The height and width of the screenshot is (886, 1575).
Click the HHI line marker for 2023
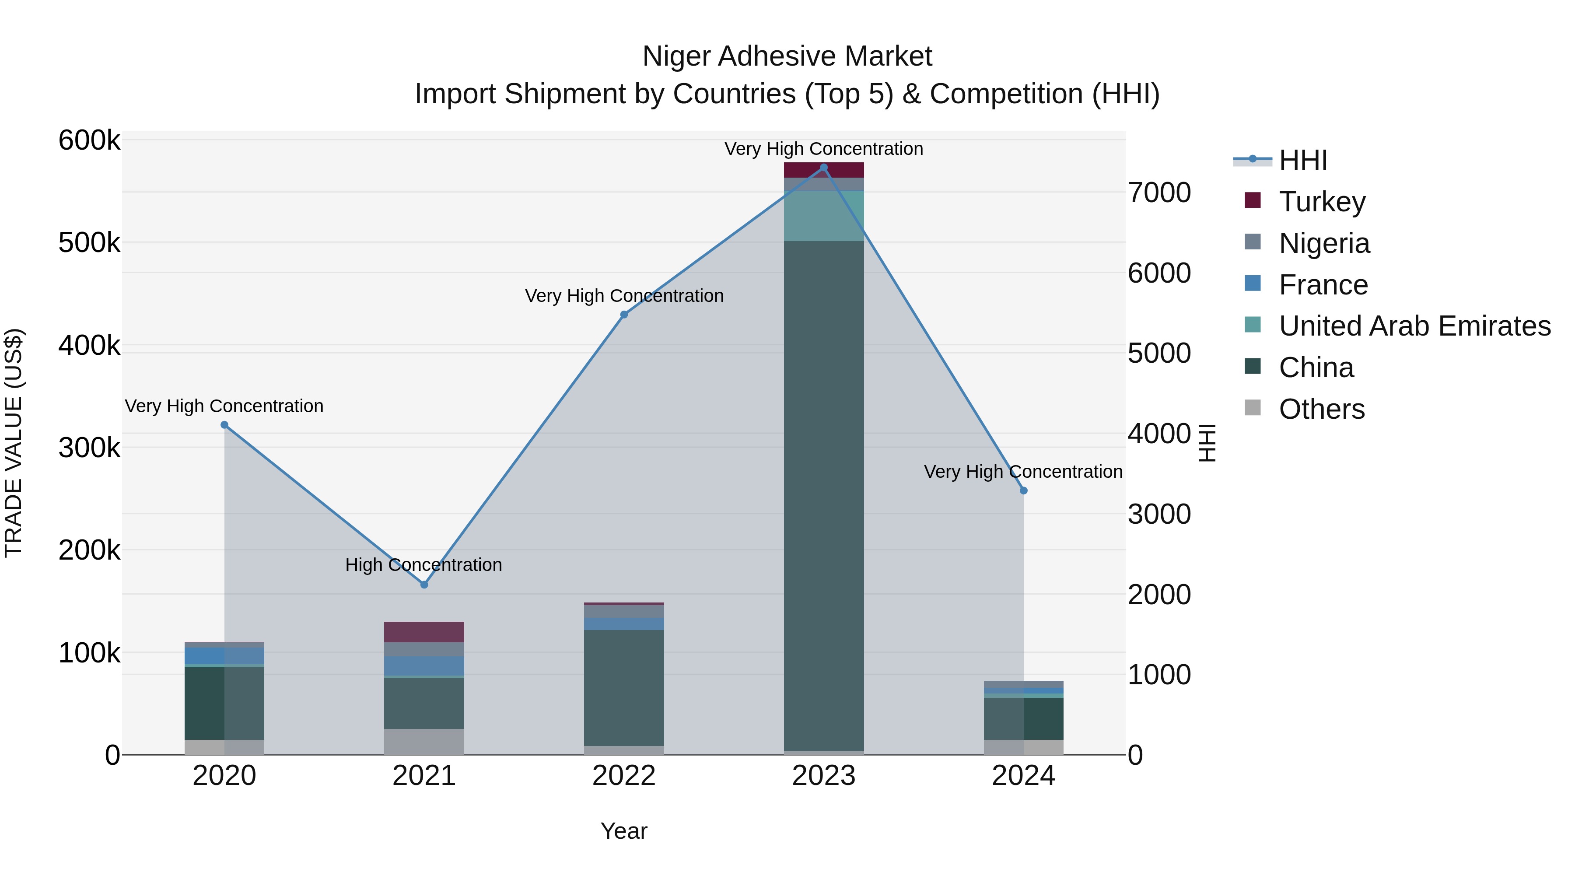point(823,168)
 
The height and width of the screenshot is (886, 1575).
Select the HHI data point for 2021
point(424,585)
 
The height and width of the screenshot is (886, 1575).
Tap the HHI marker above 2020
point(224,425)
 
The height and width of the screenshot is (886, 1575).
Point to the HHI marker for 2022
point(624,315)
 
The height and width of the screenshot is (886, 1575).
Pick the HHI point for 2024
point(1023,490)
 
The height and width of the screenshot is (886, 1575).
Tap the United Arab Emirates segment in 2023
point(823,216)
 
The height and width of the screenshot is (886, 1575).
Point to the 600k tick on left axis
point(89,140)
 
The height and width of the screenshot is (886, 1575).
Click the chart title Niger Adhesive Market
point(787,56)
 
